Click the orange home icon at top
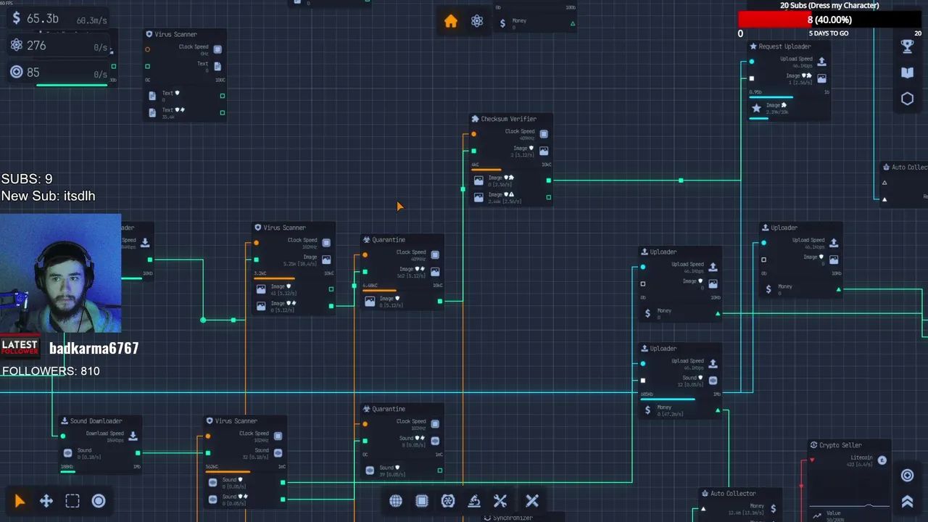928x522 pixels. pos(450,22)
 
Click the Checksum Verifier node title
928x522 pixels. pos(508,119)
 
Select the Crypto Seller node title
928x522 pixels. pos(840,445)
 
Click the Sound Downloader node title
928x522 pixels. pos(96,421)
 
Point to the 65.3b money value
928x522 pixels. pos(42,19)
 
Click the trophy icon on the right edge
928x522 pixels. pos(907,46)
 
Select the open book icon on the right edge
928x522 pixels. pos(907,72)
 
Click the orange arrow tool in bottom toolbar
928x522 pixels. pos(20,501)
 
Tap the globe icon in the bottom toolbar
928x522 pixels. pos(396,501)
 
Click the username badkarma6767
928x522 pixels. pos(94,349)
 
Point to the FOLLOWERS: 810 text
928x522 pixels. pos(51,371)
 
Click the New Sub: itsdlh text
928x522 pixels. pos(48,196)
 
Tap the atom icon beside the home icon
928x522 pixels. pos(477,22)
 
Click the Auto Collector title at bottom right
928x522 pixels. pos(732,494)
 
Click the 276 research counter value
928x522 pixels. pos(36,46)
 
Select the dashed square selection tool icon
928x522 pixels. pos(72,501)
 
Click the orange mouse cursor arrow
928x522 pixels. pos(399,207)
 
